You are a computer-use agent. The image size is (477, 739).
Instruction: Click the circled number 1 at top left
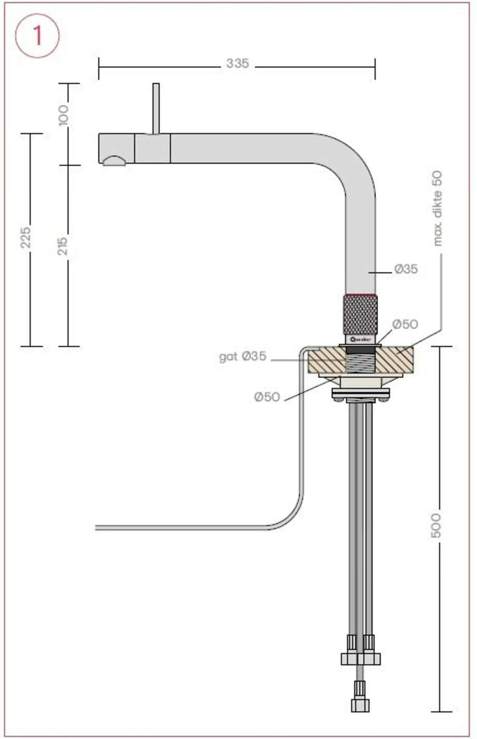tap(37, 36)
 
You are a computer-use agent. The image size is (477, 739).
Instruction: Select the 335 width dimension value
tap(237, 64)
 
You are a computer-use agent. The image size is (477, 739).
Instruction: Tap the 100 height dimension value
tap(63, 115)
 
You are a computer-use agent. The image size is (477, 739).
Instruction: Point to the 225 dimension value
tap(25, 237)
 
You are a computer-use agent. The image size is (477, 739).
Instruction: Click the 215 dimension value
tap(63, 246)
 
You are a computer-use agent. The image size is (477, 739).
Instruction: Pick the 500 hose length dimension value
tap(436, 525)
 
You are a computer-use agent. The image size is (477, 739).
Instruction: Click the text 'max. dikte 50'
tap(437, 209)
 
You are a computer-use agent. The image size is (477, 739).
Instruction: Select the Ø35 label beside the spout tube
tap(406, 269)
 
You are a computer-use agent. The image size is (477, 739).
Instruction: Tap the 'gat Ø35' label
tap(242, 357)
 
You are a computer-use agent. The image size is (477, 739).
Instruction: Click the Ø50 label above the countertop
tap(405, 324)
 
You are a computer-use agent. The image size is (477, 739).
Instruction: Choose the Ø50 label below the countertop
tap(267, 397)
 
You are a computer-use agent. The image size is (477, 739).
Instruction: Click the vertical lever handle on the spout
tap(156, 108)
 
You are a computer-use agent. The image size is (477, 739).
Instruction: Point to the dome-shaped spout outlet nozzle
tap(114, 161)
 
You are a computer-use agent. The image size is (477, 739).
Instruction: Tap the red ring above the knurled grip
tap(360, 295)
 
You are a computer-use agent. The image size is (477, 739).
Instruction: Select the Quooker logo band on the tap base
tap(360, 339)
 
